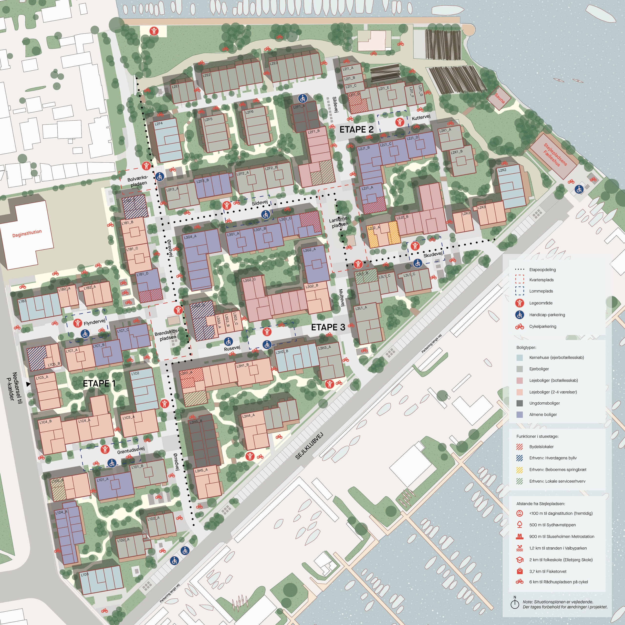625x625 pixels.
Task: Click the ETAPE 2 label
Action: click(x=356, y=130)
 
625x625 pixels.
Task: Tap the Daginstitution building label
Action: click(x=27, y=233)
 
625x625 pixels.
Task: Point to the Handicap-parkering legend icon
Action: click(x=520, y=315)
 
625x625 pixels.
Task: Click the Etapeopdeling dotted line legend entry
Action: click(x=542, y=270)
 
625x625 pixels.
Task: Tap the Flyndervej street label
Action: click(x=94, y=323)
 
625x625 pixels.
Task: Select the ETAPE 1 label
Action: click(x=99, y=384)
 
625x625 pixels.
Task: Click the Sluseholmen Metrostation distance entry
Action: click(x=561, y=536)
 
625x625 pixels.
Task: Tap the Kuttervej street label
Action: click(x=421, y=118)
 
